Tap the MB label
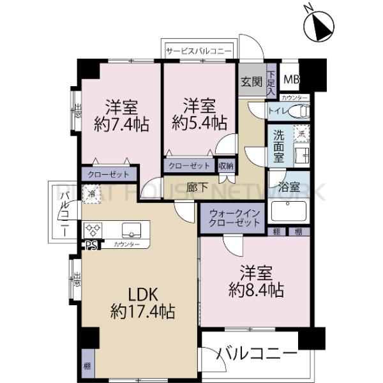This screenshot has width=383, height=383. (292, 80)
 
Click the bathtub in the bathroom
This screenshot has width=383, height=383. (289, 210)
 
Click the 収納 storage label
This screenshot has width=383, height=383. (225, 165)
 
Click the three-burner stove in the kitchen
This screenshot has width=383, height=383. (93, 228)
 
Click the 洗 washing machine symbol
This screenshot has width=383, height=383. (302, 133)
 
